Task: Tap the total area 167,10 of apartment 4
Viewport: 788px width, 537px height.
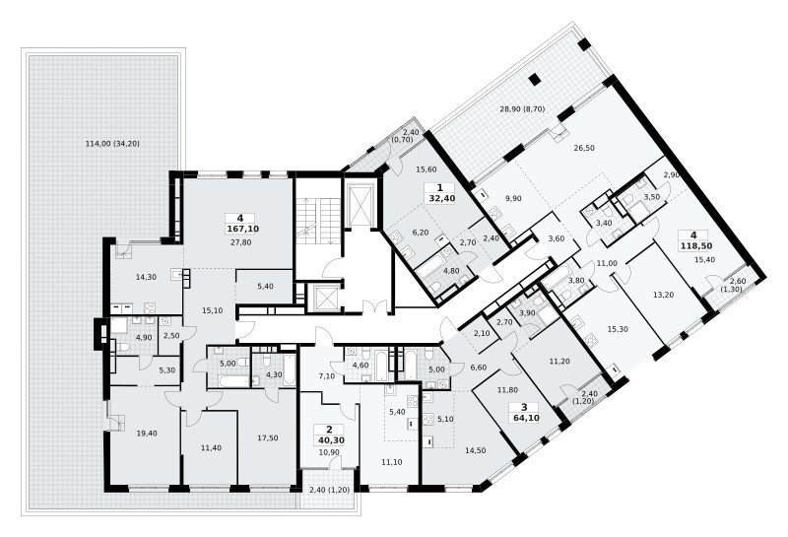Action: [x=242, y=229]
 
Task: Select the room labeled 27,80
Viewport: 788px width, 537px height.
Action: [x=242, y=242]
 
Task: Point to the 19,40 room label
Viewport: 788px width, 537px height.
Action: [x=146, y=433]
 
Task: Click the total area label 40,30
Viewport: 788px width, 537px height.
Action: [x=329, y=439]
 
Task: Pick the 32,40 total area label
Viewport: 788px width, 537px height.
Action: [x=441, y=198]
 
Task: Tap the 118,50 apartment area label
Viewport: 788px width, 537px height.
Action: [x=693, y=245]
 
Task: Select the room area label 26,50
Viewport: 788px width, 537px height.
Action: [x=585, y=149]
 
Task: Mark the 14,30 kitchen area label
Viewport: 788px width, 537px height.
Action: [x=146, y=276]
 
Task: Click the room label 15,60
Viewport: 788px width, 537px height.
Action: [x=427, y=169]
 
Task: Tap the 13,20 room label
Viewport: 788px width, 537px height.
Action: [x=663, y=296]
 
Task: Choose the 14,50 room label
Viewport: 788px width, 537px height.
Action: [x=476, y=450]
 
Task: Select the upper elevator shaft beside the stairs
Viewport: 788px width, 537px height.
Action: [x=360, y=204]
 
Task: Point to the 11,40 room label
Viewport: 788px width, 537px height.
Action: [x=210, y=447]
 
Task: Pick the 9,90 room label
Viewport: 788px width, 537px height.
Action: [x=513, y=198]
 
